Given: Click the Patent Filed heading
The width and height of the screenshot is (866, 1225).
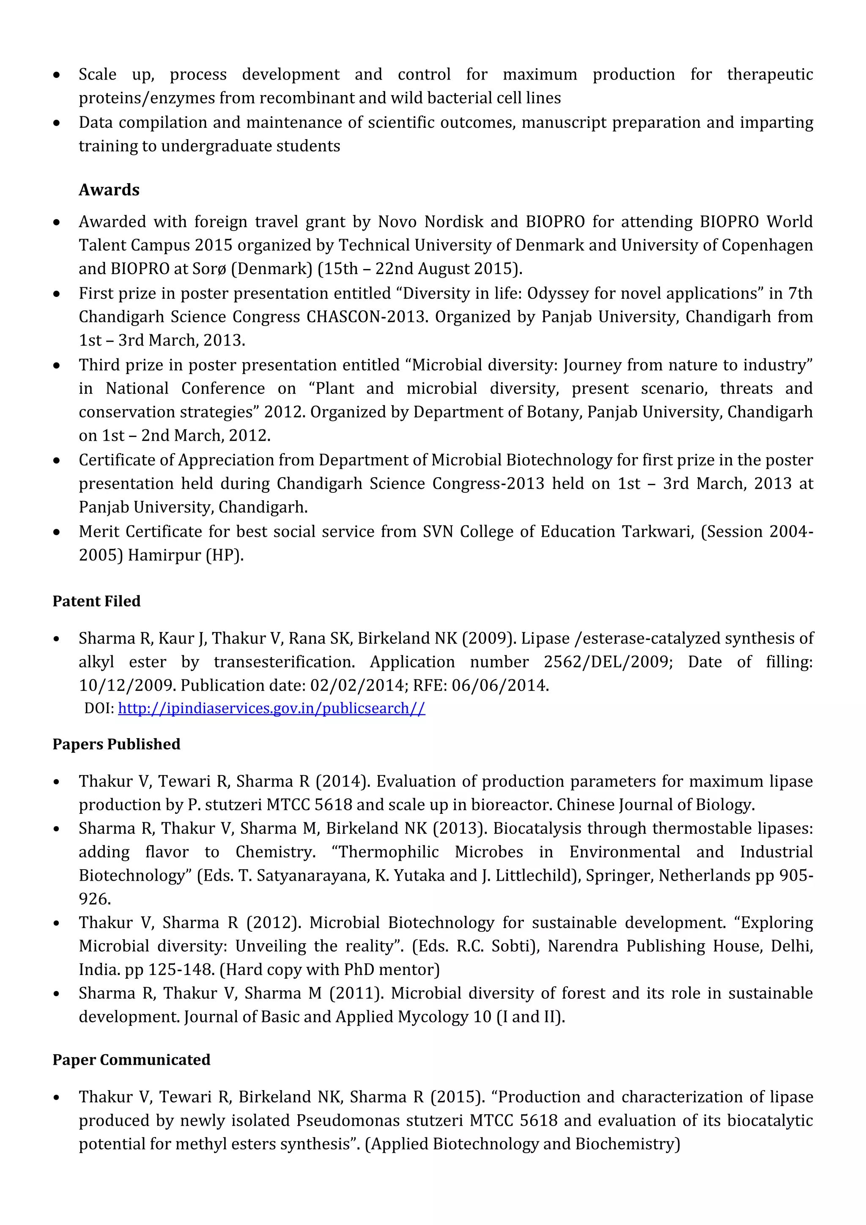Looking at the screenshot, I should click(x=96, y=602).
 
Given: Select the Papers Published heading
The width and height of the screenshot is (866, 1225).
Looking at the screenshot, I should click(x=116, y=744).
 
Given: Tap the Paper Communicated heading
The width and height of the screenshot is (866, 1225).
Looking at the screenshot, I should click(x=131, y=1060).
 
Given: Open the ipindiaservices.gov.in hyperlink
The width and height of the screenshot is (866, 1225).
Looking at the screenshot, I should click(x=271, y=709).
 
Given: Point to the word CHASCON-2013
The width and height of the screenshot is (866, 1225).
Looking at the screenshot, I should click(x=367, y=317).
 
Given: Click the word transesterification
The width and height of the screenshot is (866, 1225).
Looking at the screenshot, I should click(x=284, y=662).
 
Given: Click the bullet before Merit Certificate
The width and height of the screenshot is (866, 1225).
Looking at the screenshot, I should click(x=57, y=533).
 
